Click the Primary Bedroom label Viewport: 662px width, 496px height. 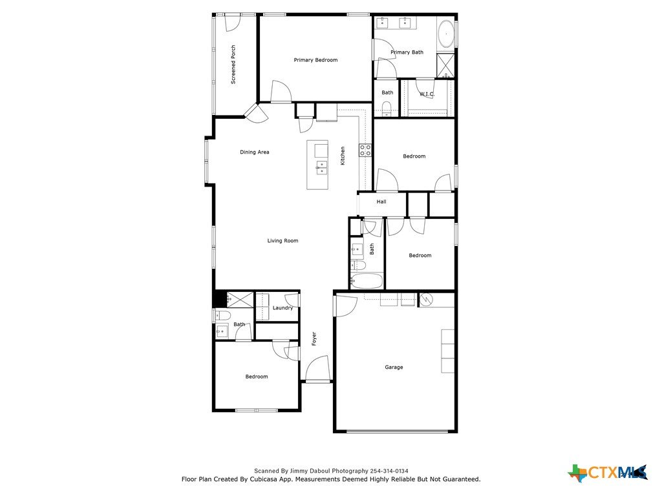[315, 60]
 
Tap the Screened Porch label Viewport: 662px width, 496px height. [233, 65]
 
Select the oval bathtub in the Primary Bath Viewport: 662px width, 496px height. [446, 34]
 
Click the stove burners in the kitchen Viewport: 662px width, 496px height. [365, 150]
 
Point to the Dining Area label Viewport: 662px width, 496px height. [254, 152]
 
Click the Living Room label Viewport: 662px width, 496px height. [283, 241]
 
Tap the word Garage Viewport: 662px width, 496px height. [394, 367]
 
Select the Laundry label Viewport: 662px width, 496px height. [283, 308]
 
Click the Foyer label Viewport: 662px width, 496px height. [314, 338]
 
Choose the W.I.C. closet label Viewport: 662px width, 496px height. [427, 94]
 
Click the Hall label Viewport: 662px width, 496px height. [381, 201]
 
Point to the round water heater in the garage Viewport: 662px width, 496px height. [426, 300]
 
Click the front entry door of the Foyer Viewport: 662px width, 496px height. [317, 369]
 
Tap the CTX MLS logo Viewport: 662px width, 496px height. [608, 472]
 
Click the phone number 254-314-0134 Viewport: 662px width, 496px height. [389, 471]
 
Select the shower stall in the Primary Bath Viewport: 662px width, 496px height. [445, 65]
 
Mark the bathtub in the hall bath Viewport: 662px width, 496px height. [367, 281]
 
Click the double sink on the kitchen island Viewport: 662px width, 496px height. [322, 167]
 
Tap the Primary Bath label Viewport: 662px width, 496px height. [407, 52]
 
